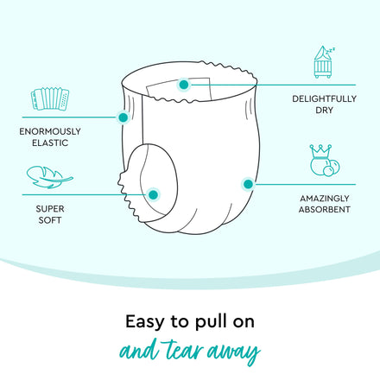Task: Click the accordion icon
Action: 50,98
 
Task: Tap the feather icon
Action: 49,177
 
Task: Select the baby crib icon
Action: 324,62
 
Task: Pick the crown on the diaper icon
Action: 320,150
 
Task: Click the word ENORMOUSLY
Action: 50,131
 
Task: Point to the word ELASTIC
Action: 50,142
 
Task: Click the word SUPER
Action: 50,209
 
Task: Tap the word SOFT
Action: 50,220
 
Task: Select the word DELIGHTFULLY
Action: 324,98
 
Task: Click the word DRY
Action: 324,111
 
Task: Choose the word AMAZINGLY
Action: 325,199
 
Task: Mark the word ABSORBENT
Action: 325,210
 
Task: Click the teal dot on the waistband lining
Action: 184,85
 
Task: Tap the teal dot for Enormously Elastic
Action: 123,117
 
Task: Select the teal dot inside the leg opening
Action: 154,195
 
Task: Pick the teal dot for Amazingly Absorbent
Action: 248,184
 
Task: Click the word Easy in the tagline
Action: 145,322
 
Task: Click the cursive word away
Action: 234,352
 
